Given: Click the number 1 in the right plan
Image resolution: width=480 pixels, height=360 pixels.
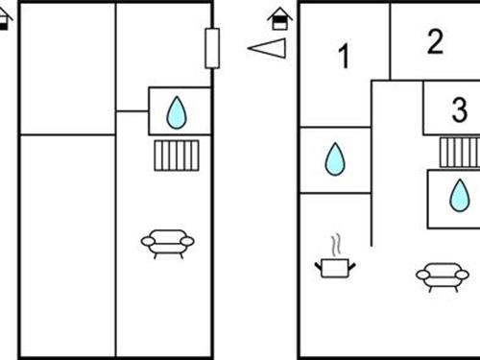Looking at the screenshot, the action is (344, 58).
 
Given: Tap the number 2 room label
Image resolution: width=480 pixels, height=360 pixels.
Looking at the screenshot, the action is (436, 41).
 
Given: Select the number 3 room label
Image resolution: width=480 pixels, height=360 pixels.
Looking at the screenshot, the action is (459, 109).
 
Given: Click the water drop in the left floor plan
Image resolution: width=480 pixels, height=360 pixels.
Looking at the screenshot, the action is (177, 112).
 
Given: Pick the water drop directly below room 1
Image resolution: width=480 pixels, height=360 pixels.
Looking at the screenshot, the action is (334, 159).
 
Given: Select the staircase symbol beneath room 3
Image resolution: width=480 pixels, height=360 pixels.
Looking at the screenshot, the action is (460, 152).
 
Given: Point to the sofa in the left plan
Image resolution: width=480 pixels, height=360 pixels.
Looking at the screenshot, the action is (168, 243).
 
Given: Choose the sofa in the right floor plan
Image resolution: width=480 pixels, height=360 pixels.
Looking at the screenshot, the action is (442, 276).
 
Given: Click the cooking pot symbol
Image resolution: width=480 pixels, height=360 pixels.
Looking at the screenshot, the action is (334, 266).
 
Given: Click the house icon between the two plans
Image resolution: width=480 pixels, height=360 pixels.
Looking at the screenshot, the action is (278, 18).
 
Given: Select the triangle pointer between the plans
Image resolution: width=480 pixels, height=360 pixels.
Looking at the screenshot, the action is (268, 47).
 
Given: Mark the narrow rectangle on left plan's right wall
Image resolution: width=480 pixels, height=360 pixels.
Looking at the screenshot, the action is (212, 48).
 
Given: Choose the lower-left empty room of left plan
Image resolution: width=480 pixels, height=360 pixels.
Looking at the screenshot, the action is (67, 245).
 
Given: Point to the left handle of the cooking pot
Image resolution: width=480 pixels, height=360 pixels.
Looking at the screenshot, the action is (319, 262).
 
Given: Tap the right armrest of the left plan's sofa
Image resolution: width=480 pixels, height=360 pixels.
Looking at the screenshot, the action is (188, 241).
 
